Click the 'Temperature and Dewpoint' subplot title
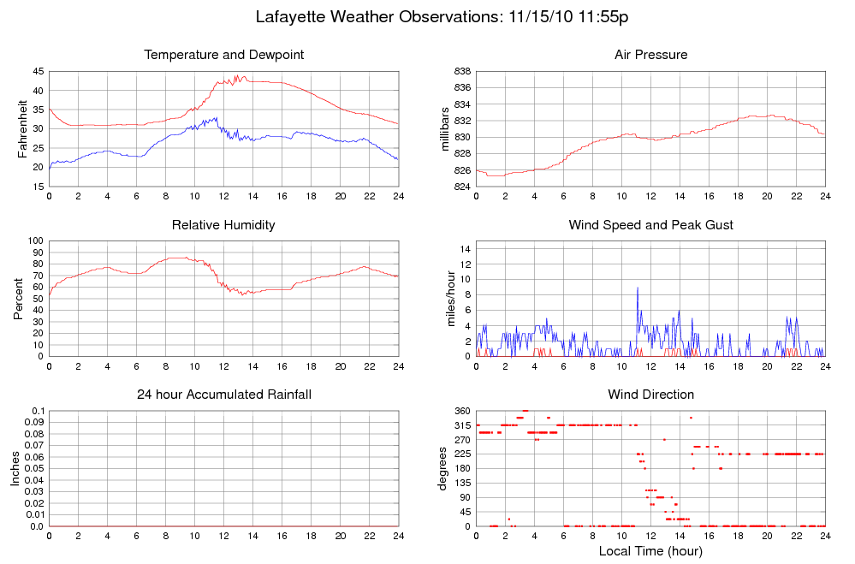coord(224,55)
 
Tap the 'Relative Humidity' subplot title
coord(224,225)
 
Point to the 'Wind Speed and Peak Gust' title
coord(650,225)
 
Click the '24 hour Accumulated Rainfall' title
coord(224,395)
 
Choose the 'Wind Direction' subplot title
coord(650,395)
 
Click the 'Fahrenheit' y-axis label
coord(23,128)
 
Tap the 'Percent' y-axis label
coord(19,299)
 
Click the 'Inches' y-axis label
coord(15,469)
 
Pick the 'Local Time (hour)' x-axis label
coord(650,550)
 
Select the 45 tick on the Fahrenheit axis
coord(39,71)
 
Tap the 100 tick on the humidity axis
coord(35,241)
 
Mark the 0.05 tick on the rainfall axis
coord(32,469)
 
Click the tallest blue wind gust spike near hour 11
coord(637,288)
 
